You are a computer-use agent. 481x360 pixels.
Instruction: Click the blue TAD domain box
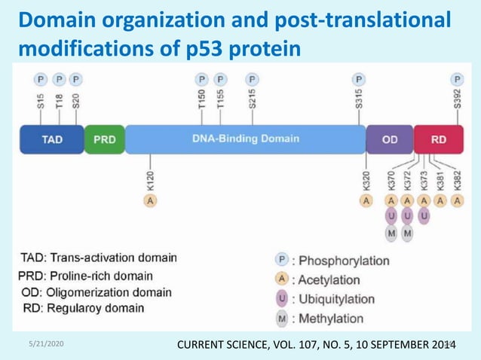(x=51, y=139)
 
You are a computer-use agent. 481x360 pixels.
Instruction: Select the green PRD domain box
(x=104, y=139)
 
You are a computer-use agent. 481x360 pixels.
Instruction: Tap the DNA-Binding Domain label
(x=246, y=139)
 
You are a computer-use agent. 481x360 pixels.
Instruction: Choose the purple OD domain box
(x=390, y=139)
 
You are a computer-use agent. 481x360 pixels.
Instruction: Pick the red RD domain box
(x=438, y=139)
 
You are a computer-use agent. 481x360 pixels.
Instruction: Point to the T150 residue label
(x=202, y=100)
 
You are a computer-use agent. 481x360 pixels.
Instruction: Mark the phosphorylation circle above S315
(x=359, y=79)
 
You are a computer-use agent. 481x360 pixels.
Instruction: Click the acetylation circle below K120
(x=151, y=200)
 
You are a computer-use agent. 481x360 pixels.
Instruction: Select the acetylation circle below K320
(x=366, y=200)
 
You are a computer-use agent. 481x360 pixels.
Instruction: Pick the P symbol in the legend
(x=280, y=260)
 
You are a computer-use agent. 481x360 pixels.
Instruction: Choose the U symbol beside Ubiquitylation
(x=280, y=299)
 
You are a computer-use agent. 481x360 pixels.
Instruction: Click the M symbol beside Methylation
(x=280, y=319)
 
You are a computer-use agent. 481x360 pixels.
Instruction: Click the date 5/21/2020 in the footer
(x=44, y=343)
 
